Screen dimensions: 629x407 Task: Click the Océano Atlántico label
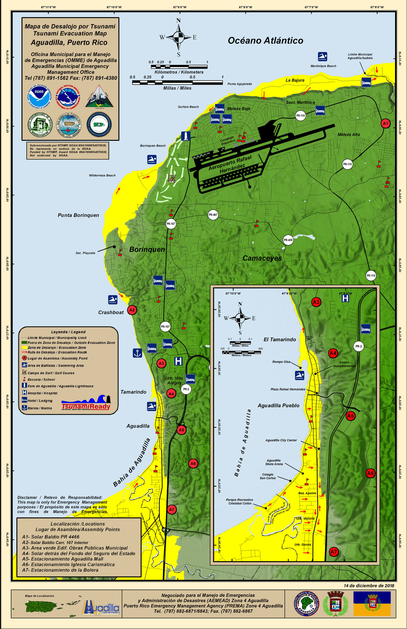pyautogui.click(x=265, y=41)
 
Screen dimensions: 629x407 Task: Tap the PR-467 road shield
pyautogui.click(x=213, y=215)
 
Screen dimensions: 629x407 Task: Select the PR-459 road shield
pyautogui.click(x=288, y=240)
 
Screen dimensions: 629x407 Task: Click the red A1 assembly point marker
pyautogui.click(x=385, y=123)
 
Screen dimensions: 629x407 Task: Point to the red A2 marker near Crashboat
pyautogui.click(x=132, y=310)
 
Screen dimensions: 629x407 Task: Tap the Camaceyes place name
pyautogui.click(x=262, y=258)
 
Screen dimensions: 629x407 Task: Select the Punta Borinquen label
pyautogui.click(x=79, y=215)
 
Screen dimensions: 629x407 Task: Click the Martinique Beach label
pyautogui.click(x=323, y=66)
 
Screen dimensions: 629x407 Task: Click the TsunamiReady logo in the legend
pyautogui.click(x=86, y=403)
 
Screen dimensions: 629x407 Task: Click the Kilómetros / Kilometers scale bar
pyautogui.click(x=179, y=67)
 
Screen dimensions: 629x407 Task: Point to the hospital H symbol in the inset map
pyautogui.click(x=345, y=298)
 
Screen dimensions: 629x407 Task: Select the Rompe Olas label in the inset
pyautogui.click(x=281, y=362)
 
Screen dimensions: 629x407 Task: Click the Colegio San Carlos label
pyautogui.click(x=268, y=476)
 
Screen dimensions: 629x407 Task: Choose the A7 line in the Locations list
pyautogui.click(x=60, y=570)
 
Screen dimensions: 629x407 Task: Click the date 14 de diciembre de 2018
pyautogui.click(x=369, y=586)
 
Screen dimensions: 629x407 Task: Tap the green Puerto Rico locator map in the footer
pyautogui.click(x=51, y=607)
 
